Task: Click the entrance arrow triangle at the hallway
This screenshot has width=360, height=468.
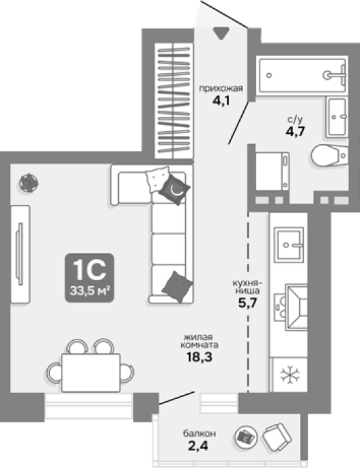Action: click(x=221, y=33)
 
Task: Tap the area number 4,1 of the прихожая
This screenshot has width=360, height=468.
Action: click(x=221, y=101)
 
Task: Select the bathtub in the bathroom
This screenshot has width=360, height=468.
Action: click(x=303, y=75)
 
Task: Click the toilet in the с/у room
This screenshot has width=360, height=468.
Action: click(x=329, y=155)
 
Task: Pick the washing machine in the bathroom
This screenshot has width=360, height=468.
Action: click(x=273, y=171)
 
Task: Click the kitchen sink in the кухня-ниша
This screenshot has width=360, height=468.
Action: click(x=288, y=245)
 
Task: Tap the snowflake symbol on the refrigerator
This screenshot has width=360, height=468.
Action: click(x=290, y=375)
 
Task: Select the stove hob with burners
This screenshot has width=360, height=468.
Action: click(x=280, y=307)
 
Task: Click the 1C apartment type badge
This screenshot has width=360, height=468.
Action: click(x=89, y=277)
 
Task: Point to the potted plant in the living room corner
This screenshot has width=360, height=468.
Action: click(x=29, y=182)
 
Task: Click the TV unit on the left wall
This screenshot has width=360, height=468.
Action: click(x=20, y=254)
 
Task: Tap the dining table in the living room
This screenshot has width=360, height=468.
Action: click(x=91, y=372)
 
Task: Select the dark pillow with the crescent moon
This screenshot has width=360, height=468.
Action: click(x=175, y=189)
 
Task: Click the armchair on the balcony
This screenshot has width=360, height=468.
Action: click(x=277, y=436)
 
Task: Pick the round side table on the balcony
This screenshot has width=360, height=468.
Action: click(x=246, y=437)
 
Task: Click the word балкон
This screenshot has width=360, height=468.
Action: click(x=199, y=433)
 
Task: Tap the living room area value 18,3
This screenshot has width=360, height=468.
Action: click(x=199, y=357)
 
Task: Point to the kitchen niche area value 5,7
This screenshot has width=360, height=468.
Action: click(x=247, y=303)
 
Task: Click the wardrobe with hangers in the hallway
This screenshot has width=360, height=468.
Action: click(x=174, y=100)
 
